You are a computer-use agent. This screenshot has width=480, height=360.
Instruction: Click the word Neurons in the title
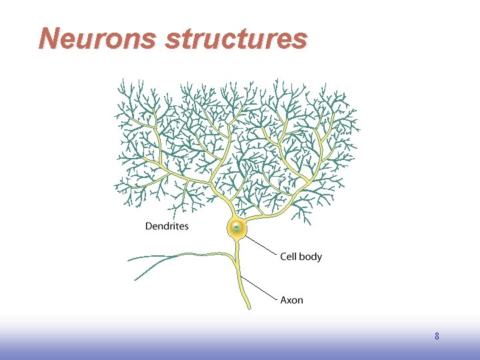pos(98,39)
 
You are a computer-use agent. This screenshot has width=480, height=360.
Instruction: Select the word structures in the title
pos(236,39)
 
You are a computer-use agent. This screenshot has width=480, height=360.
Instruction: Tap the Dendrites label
pos(167,226)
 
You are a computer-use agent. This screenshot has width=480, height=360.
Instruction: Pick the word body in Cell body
pos(310,257)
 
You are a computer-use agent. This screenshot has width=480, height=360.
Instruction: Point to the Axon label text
pos(291,300)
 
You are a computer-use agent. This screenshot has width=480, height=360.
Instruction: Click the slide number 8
pos(437,337)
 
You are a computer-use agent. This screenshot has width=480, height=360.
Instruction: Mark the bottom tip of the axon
pos(249,307)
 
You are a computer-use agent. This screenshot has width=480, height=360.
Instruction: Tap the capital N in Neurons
pos(49,39)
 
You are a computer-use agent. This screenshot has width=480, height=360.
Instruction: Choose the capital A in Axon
pos(284,300)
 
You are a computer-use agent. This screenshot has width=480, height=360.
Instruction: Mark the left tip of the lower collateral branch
pos(135,279)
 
